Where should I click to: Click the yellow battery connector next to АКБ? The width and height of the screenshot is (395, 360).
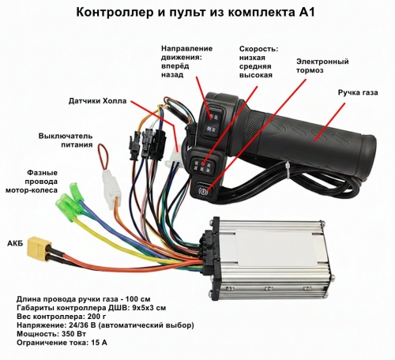tap(39, 248)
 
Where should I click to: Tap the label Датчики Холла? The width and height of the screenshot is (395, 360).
tap(97, 101)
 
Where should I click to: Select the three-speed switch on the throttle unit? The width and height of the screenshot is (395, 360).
tap(203, 164)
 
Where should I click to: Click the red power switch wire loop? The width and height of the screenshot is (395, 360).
tap(103, 157)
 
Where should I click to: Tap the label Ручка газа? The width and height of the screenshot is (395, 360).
tap(358, 93)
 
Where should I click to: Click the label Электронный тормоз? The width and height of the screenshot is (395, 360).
tap(322, 66)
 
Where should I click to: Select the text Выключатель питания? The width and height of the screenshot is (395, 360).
tap(66, 141)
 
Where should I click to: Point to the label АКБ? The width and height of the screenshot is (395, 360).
tap(15, 243)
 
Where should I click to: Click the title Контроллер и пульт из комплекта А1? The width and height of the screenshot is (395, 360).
tap(195, 13)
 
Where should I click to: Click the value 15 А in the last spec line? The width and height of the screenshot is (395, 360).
tap(100, 343)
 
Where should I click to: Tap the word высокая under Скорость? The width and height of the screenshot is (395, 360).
tap(256, 75)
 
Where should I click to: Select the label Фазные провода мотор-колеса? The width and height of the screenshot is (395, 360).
tap(32, 182)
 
